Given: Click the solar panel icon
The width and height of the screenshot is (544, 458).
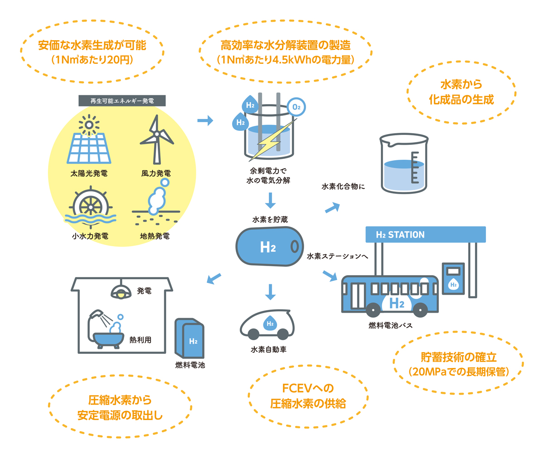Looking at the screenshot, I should coord(89,147).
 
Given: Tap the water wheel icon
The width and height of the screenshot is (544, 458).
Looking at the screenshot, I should coord(91,206).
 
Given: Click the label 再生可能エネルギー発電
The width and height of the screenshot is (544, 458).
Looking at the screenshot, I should coord(122,100).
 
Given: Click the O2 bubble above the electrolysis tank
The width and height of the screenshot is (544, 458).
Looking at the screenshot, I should coord(296,107).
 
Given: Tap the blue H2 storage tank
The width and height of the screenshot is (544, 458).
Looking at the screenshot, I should coord(269,247).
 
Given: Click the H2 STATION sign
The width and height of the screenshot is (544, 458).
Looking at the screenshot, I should coord(425,234).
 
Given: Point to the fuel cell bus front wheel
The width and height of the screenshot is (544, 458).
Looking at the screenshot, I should coord(420,310).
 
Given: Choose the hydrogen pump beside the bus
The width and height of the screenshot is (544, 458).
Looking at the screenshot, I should coord(453,278).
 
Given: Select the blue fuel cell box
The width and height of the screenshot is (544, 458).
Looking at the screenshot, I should coord(190,339).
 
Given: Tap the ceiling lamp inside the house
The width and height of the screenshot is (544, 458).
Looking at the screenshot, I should coord(121,292).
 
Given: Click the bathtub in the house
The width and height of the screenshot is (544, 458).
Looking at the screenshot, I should coord(108,339).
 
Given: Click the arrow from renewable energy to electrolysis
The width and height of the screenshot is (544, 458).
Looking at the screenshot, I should coord(205,120).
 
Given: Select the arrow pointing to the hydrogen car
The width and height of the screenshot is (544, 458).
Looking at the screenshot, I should coord(270,291).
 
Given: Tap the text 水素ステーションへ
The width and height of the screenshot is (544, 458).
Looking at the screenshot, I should coord(337,256).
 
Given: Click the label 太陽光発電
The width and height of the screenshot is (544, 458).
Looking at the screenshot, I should coord(89,173).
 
